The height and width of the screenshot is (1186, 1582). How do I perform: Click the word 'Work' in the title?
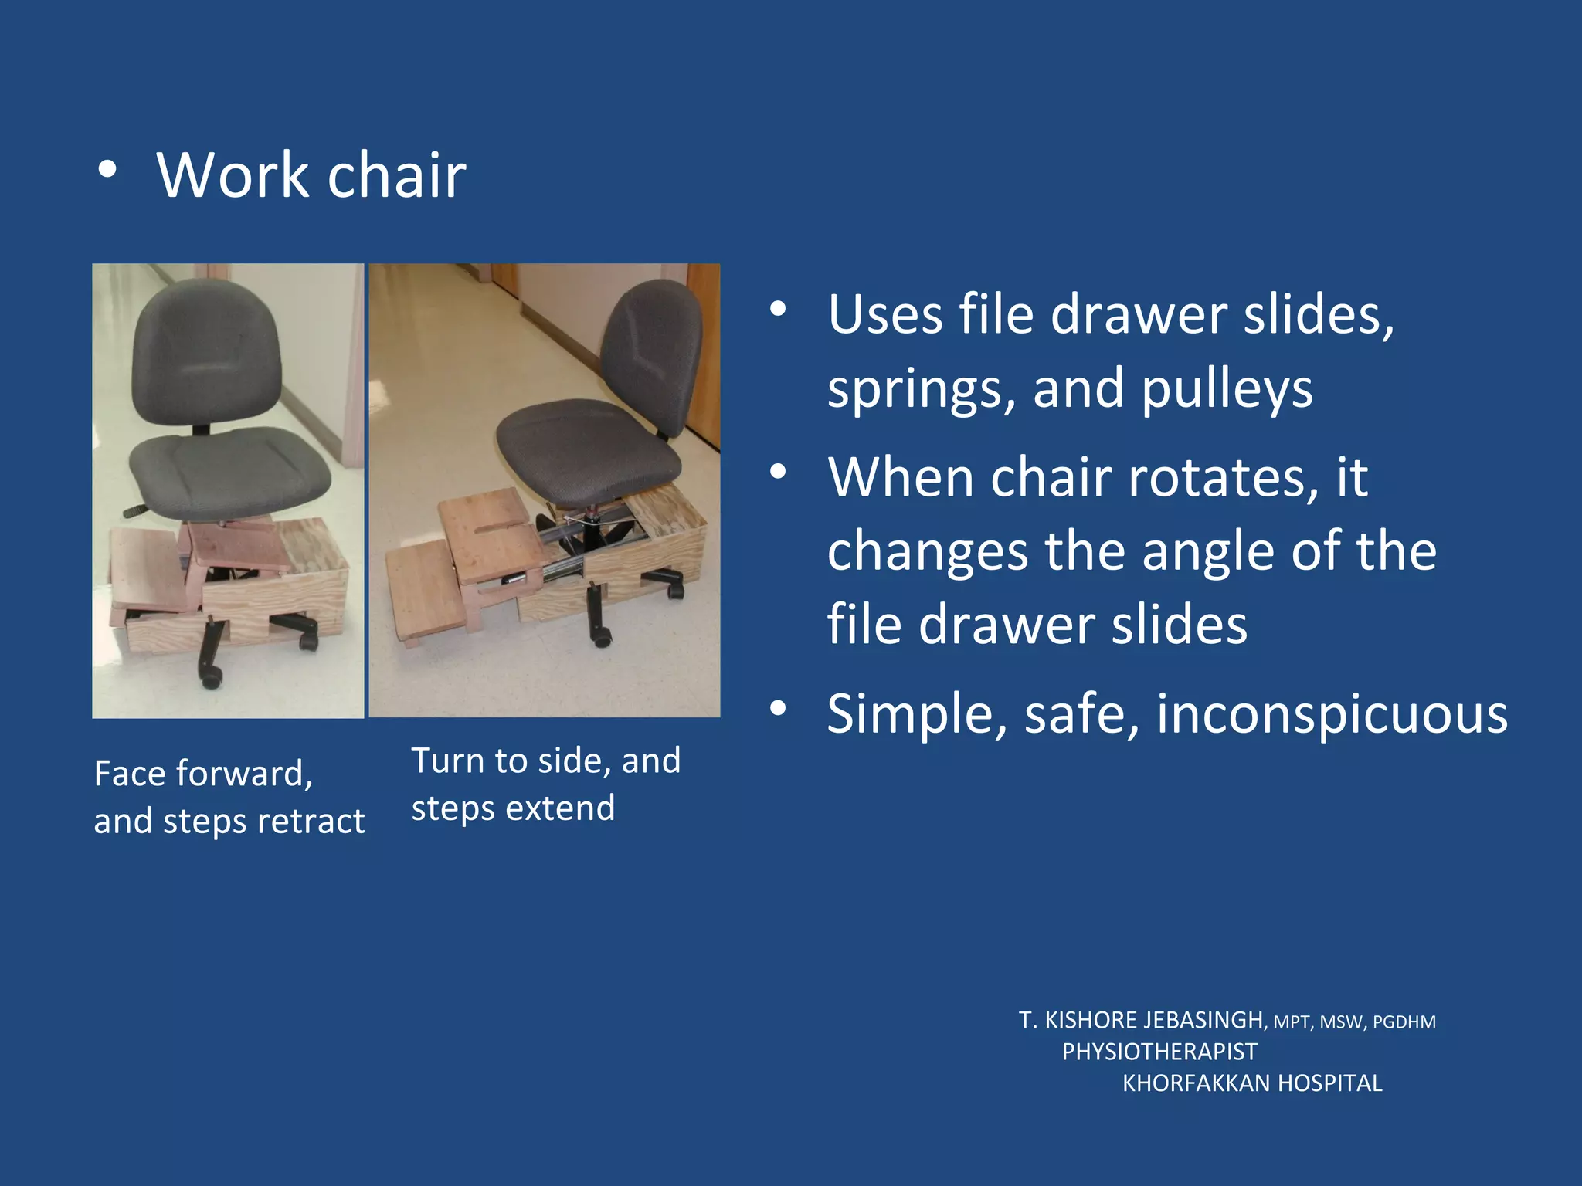233,175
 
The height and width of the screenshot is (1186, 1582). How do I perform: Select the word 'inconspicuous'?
1332,713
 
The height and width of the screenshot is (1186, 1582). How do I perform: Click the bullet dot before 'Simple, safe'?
778,708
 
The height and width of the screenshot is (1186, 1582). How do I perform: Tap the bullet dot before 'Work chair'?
107,171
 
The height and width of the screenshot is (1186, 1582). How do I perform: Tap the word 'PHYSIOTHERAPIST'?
1159,1052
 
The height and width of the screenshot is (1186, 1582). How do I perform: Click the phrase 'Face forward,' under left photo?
203,774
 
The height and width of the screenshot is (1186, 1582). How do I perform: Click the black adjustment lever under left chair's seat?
136,510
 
